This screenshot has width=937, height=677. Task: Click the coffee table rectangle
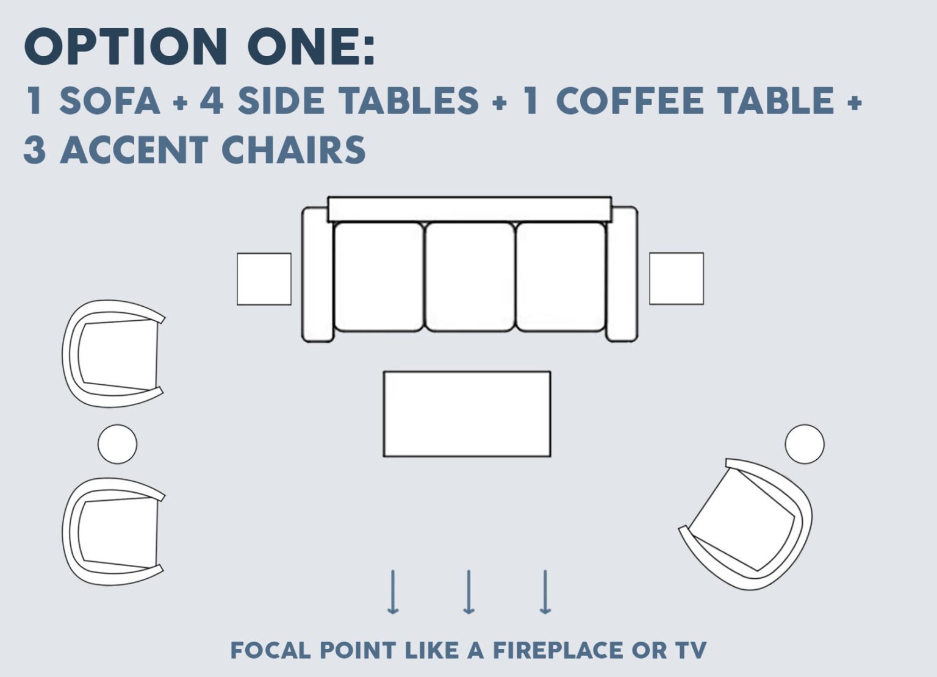coord(467,414)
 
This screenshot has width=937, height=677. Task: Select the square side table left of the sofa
coord(264,279)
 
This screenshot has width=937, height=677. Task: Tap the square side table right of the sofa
coord(676,278)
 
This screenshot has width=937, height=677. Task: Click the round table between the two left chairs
coord(117,444)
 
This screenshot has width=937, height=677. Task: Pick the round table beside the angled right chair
coord(804,444)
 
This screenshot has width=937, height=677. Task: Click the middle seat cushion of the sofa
coord(470,277)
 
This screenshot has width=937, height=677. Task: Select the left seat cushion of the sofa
coord(379,277)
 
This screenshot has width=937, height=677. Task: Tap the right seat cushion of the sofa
coord(561,277)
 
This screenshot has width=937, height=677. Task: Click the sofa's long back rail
coord(469,209)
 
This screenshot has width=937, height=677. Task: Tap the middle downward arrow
coord(468,592)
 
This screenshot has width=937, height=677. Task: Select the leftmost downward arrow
coord(393,592)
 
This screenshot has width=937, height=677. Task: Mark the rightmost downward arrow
coord(545,592)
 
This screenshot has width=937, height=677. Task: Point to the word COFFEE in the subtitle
coord(634,101)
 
